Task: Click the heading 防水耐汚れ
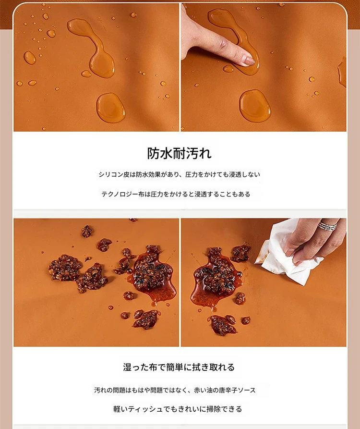[180, 153]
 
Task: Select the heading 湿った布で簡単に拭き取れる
[179, 367]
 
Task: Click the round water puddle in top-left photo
[110, 107]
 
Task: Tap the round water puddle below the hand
[255, 106]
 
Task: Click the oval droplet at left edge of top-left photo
[30, 58]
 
